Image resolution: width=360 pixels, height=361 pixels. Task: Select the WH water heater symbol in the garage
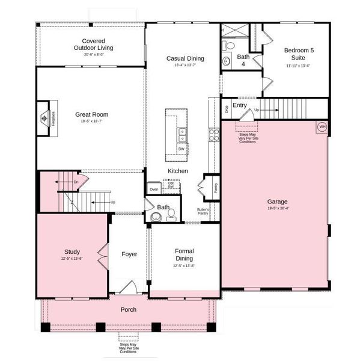click(322, 127)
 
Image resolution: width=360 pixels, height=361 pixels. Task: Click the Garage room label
click(278, 202)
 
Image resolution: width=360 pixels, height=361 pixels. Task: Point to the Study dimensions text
click(72, 259)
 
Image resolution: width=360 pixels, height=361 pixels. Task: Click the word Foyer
click(129, 254)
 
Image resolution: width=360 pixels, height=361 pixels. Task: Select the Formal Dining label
click(185, 255)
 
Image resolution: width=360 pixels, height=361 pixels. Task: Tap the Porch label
click(128, 310)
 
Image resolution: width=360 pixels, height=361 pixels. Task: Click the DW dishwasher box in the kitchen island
click(181, 149)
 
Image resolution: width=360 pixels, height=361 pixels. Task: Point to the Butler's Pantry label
click(203, 211)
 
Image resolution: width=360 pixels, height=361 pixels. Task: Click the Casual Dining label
click(185, 58)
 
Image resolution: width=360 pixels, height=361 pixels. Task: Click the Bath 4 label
click(243, 60)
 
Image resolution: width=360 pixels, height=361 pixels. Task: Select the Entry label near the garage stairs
click(240, 105)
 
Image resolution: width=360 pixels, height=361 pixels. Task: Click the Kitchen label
click(178, 171)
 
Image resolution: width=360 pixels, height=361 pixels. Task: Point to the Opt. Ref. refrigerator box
click(171, 185)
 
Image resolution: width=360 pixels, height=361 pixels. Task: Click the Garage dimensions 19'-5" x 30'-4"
click(278, 208)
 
